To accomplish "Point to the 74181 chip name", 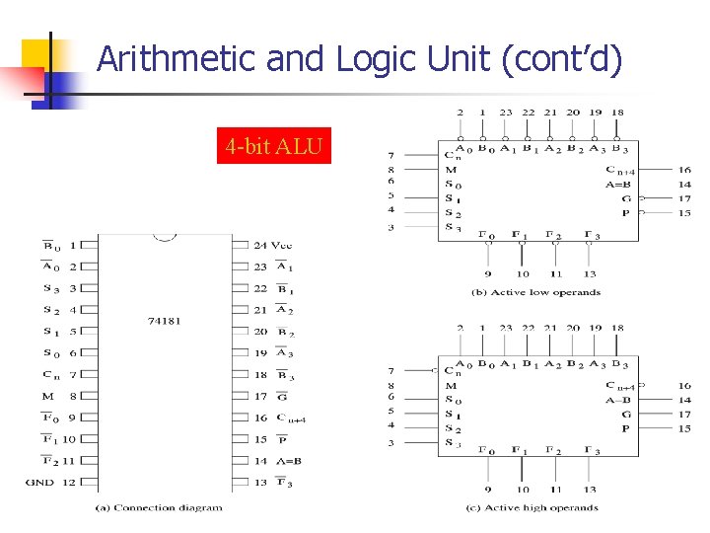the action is pos(164,321).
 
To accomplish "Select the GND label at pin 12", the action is pos(40,483).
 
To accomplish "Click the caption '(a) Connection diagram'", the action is pos(159,508).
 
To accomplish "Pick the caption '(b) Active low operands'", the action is pos(535,292).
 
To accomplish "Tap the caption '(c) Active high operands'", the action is pos(532,508).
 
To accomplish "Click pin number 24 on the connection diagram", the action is pos(260,245).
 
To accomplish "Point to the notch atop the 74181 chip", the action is pos(165,238).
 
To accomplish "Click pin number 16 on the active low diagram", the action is pos(684,170).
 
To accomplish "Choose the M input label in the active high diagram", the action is pos(451,386).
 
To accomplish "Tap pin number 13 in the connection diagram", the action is pos(260,483).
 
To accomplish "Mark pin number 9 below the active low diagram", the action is pos(488,273).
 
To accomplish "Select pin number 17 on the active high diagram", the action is pos(684,415).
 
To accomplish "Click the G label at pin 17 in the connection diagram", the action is pos(282,396).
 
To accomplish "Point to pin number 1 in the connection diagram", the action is pos(72,245).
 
